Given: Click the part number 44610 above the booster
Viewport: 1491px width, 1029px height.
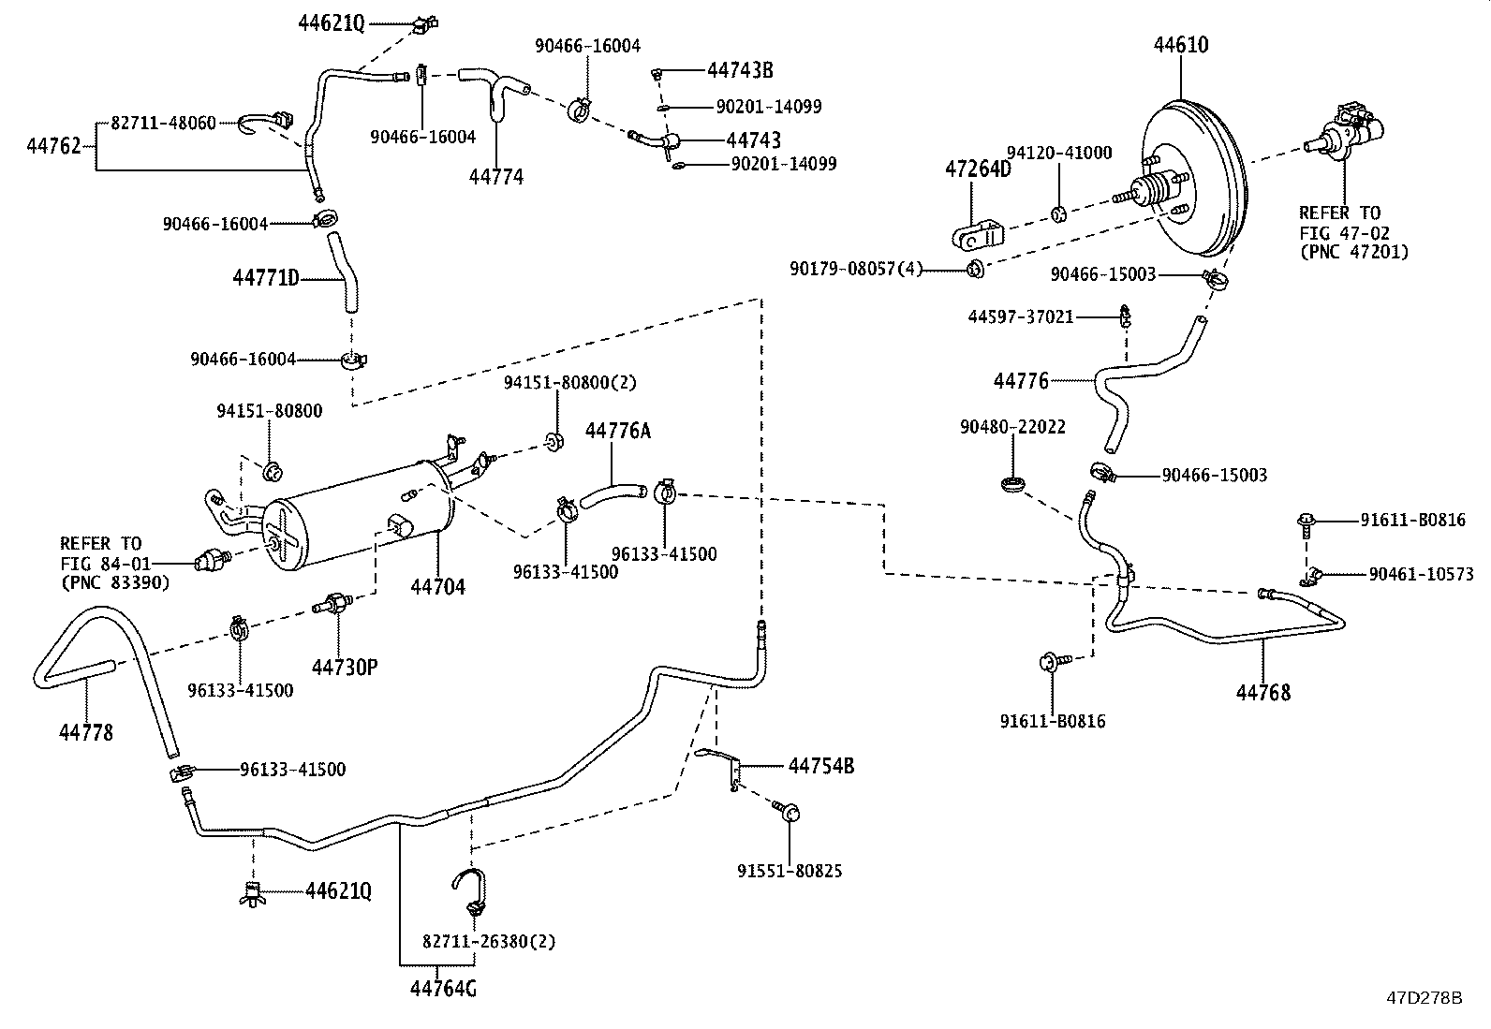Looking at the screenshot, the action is (x=1181, y=45).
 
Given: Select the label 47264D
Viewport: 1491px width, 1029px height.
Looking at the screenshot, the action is (x=978, y=169).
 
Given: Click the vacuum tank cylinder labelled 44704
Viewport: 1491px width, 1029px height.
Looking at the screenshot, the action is (x=360, y=516).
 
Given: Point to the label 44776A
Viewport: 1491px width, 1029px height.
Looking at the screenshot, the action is (x=618, y=431).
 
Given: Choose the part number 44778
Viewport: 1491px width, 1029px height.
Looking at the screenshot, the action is (x=86, y=733).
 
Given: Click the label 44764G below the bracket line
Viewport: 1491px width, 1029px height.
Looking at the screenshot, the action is (x=443, y=989).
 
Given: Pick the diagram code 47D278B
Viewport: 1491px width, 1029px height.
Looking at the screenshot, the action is (x=1425, y=998).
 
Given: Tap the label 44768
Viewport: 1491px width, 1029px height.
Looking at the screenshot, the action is (x=1262, y=693).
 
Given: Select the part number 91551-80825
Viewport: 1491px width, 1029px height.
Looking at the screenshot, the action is (x=790, y=871).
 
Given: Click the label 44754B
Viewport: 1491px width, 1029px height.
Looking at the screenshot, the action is (x=820, y=766).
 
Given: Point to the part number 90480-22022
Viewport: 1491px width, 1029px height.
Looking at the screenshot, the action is (x=1012, y=427).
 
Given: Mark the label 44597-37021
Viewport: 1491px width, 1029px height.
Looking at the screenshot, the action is (x=1021, y=316).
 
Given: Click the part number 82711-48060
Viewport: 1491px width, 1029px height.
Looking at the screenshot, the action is (x=163, y=124).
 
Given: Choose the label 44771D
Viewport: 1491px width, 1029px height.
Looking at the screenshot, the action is (x=266, y=278).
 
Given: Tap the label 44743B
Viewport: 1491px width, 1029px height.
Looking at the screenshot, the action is (x=740, y=70).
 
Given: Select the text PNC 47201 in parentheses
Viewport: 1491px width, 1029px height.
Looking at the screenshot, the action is (x=1354, y=253).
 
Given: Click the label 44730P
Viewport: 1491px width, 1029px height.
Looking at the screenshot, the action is (x=345, y=667).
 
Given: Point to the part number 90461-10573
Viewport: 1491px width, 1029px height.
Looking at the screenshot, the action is (x=1421, y=574).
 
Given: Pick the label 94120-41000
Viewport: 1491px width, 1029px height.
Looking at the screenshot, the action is (x=1059, y=153).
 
